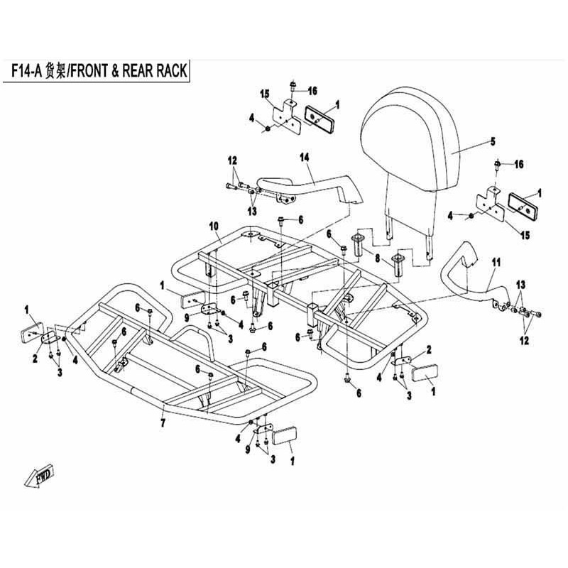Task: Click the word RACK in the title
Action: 171,70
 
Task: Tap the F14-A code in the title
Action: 28,70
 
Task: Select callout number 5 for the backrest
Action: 493,141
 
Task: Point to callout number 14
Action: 305,158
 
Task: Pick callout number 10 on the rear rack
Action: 214,226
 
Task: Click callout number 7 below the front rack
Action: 163,422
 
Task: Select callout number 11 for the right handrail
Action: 496,263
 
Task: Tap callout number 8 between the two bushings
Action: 378,258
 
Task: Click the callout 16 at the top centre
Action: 312,91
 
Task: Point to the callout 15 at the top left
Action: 264,94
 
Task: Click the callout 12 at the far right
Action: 524,341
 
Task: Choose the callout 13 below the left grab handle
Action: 252,211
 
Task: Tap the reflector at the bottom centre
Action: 285,435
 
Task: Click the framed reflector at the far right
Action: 525,203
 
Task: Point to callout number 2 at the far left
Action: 35,359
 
